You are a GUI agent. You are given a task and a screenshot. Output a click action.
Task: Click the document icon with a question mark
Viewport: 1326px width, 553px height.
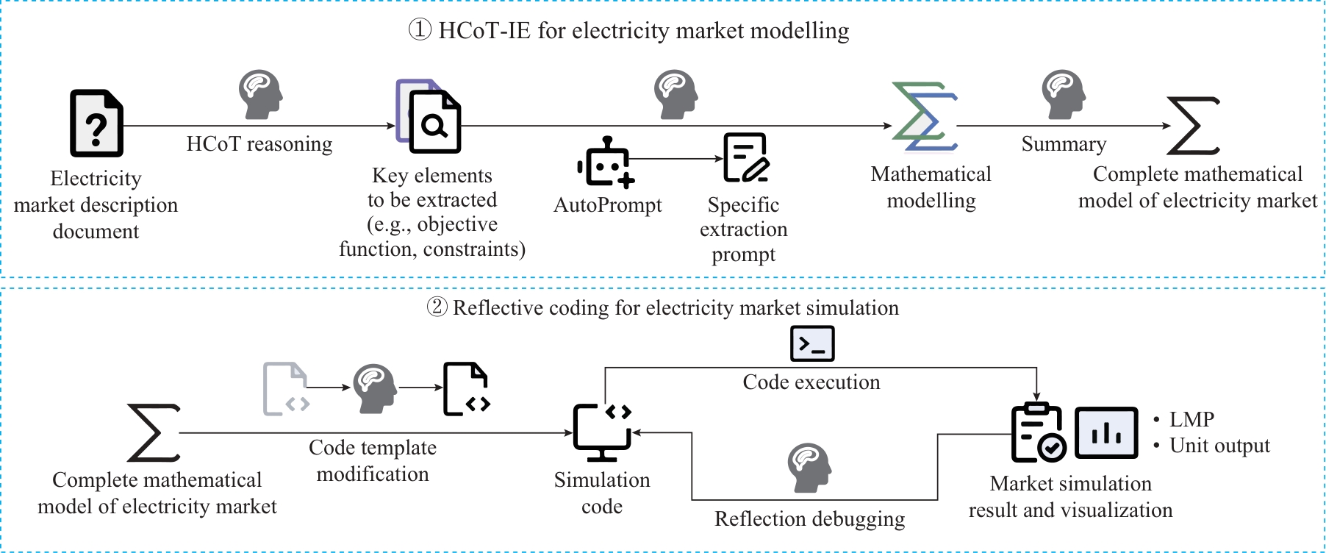96,123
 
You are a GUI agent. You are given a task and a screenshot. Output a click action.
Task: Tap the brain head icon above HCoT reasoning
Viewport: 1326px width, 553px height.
260,95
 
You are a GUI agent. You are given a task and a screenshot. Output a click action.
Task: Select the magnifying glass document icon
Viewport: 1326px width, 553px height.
429,116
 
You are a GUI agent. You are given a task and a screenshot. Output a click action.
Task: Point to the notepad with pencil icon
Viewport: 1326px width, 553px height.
745,157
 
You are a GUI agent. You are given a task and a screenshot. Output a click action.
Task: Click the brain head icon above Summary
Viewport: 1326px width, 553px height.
1064,95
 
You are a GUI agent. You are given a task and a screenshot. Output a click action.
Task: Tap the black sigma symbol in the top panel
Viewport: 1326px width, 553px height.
1193,126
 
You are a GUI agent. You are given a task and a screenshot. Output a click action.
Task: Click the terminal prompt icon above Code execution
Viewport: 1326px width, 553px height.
811,343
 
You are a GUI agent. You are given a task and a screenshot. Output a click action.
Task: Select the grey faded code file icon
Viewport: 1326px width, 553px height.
285,388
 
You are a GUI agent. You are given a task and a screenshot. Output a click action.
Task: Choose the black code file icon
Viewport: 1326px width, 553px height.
466,388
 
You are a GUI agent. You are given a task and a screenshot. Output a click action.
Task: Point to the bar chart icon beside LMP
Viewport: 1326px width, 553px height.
1106,432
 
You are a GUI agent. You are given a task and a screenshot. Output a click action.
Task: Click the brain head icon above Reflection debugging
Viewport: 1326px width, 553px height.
809,468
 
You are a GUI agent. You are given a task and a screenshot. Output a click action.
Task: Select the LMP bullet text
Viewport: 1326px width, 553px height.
1191,419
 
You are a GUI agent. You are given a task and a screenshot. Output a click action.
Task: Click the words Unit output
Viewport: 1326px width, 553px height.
1219,446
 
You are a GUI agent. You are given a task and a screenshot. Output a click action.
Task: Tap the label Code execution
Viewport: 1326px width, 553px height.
811,382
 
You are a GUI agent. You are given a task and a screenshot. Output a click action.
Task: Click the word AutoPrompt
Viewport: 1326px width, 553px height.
607,205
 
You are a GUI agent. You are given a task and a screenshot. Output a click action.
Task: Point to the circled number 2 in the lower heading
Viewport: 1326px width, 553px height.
437,307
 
